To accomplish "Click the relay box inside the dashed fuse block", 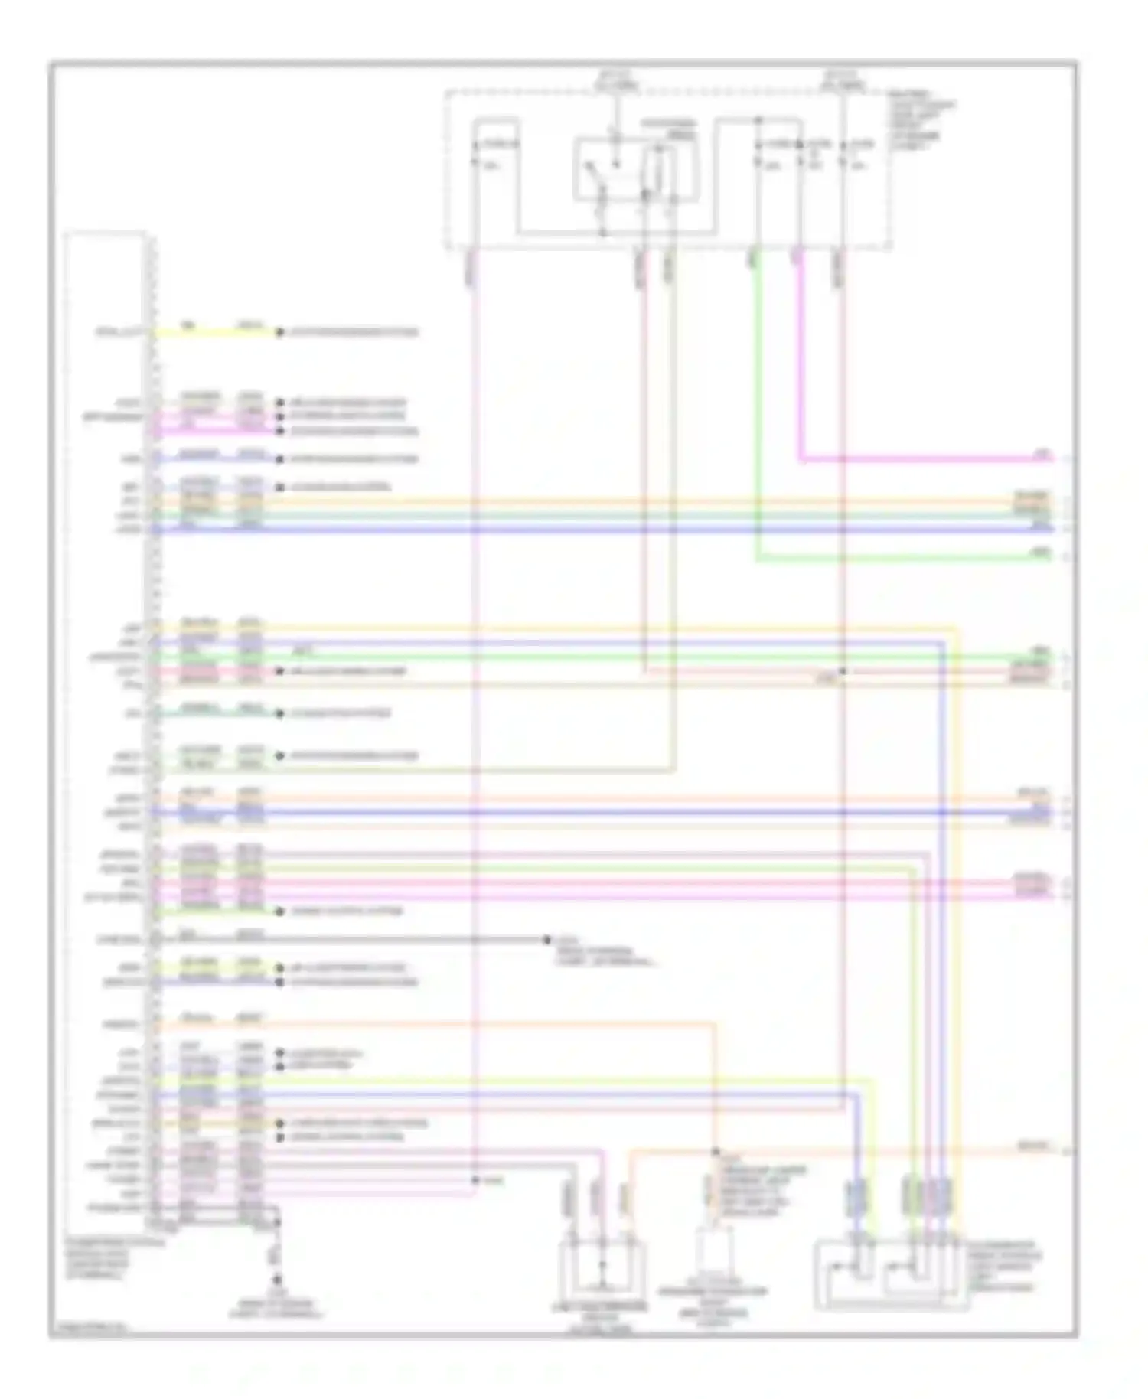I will (635, 170).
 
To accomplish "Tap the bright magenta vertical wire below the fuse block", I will (799, 360).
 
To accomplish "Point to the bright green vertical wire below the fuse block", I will (758, 406).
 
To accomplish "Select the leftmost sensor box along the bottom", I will (602, 1268).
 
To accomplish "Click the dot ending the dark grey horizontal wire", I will (546, 939).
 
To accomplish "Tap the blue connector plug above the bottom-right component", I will (856, 1197).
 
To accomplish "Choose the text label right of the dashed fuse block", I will (922, 119).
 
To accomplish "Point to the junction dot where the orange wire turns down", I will (716, 1151).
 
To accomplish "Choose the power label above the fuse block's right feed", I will (840, 80).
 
